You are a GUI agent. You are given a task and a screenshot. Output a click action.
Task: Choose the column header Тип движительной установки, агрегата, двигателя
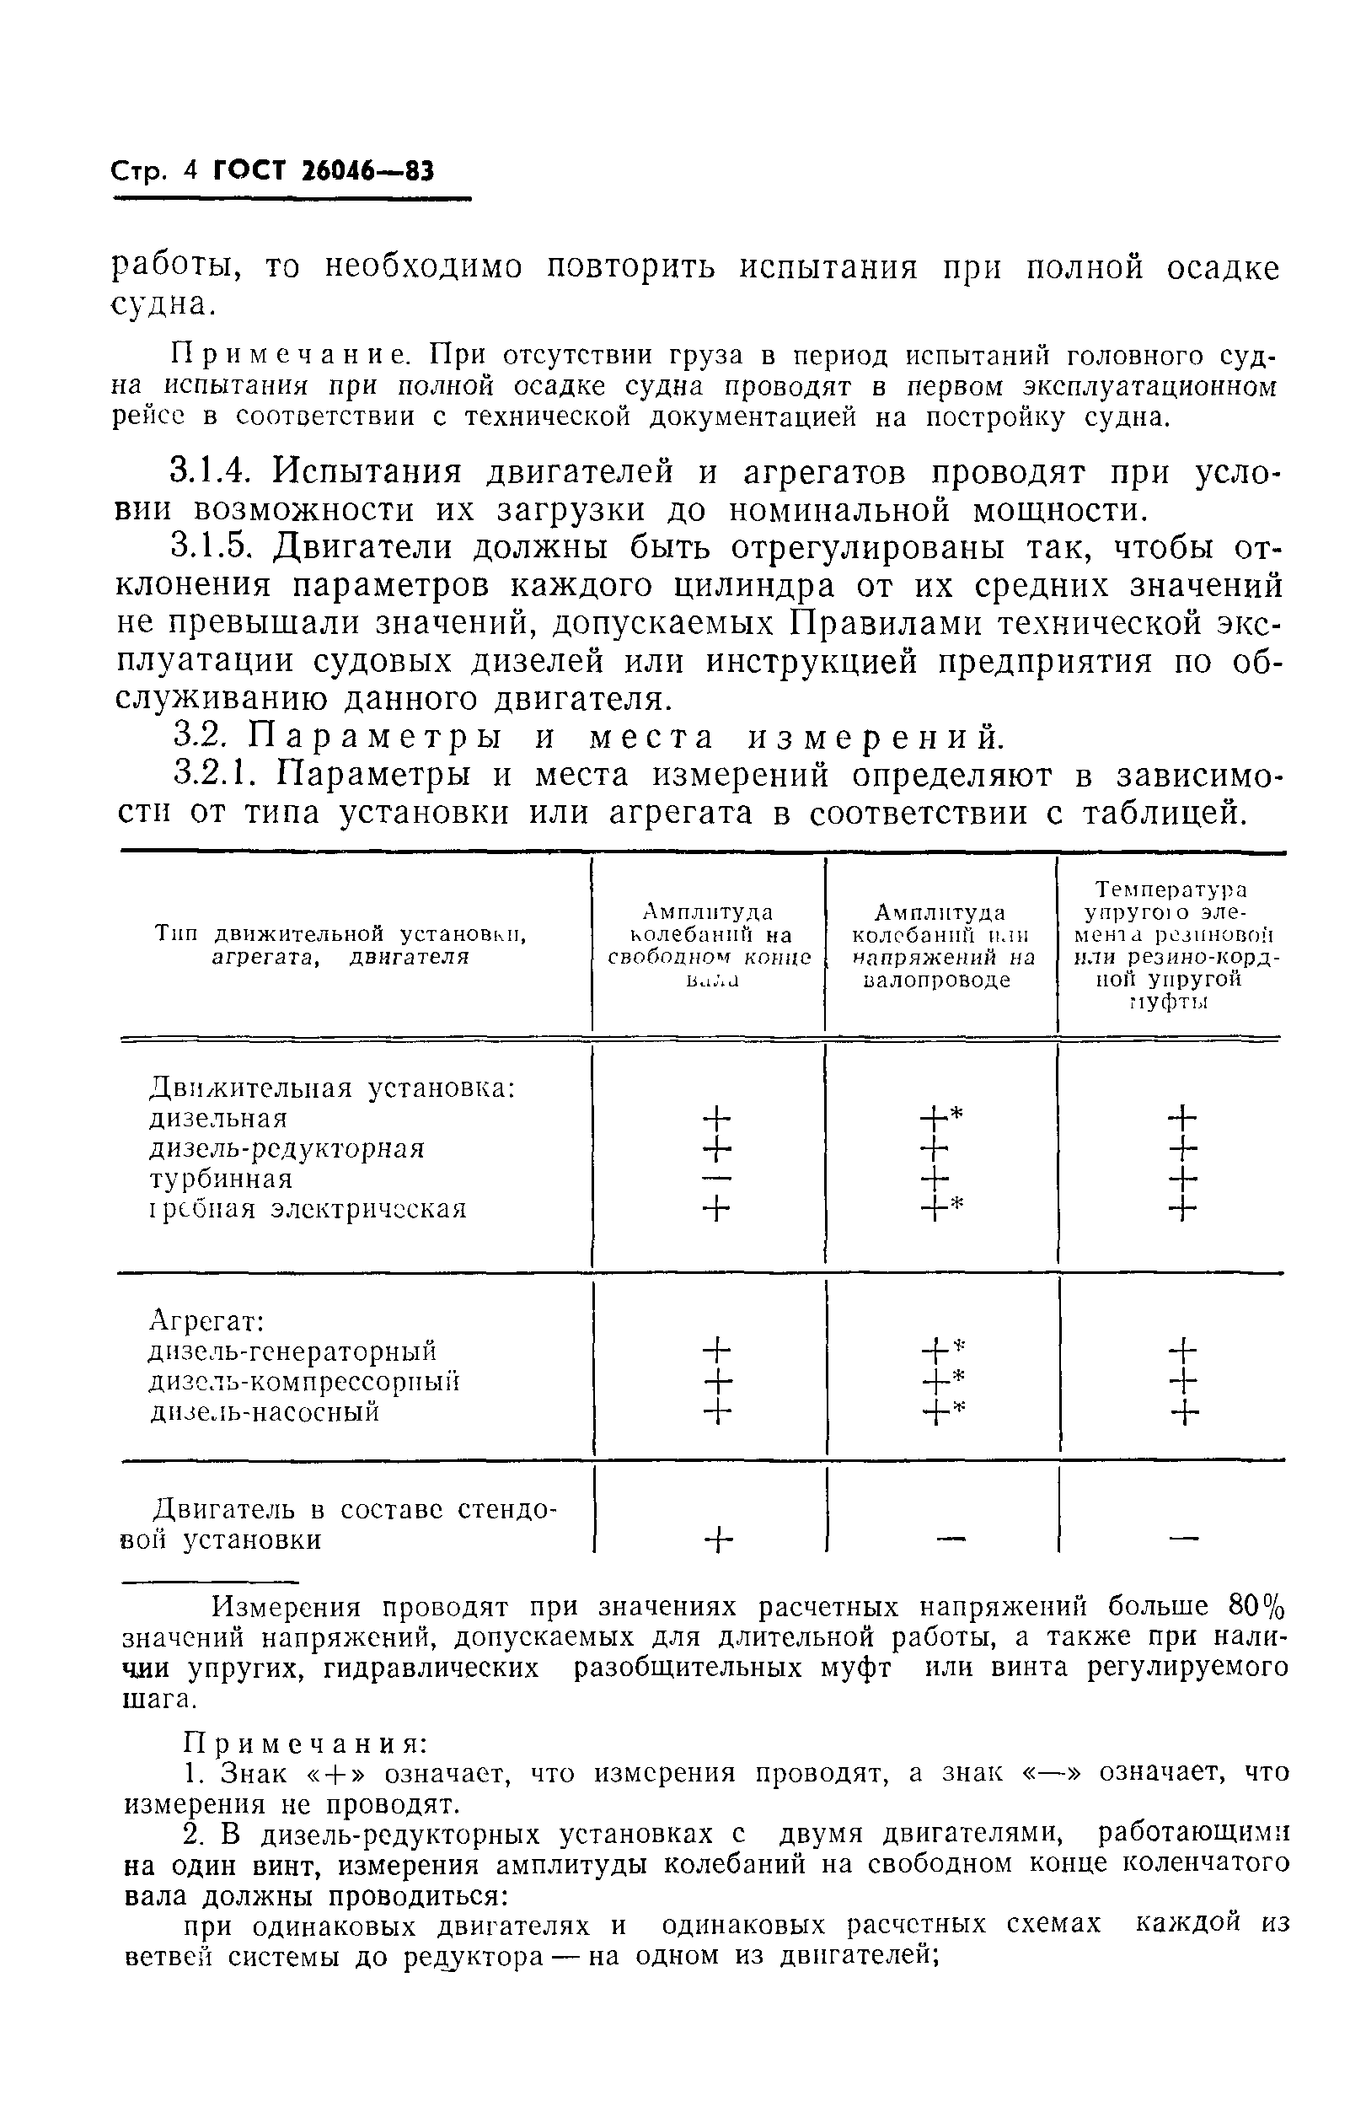coord(340,945)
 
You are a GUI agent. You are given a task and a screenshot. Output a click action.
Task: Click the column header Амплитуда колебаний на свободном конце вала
coord(710,945)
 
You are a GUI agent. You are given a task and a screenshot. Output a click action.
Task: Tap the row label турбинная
coord(220,1179)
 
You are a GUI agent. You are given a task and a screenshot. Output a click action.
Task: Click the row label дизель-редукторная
coord(287,1148)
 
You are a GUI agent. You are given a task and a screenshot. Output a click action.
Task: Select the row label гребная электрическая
coord(308,1209)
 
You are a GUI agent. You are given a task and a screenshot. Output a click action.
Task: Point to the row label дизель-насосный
coord(264,1412)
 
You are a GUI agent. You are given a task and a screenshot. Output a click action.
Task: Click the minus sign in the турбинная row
coord(716,1179)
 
